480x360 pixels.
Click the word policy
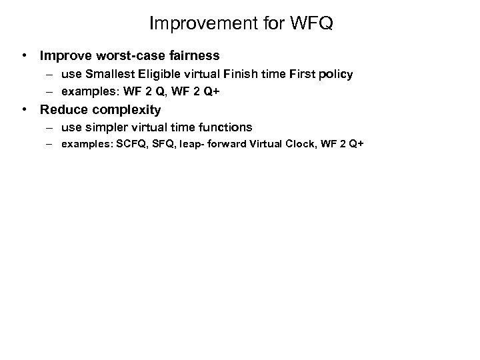(336, 74)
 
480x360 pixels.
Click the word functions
(227, 127)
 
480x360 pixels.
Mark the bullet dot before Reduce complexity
(23, 109)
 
